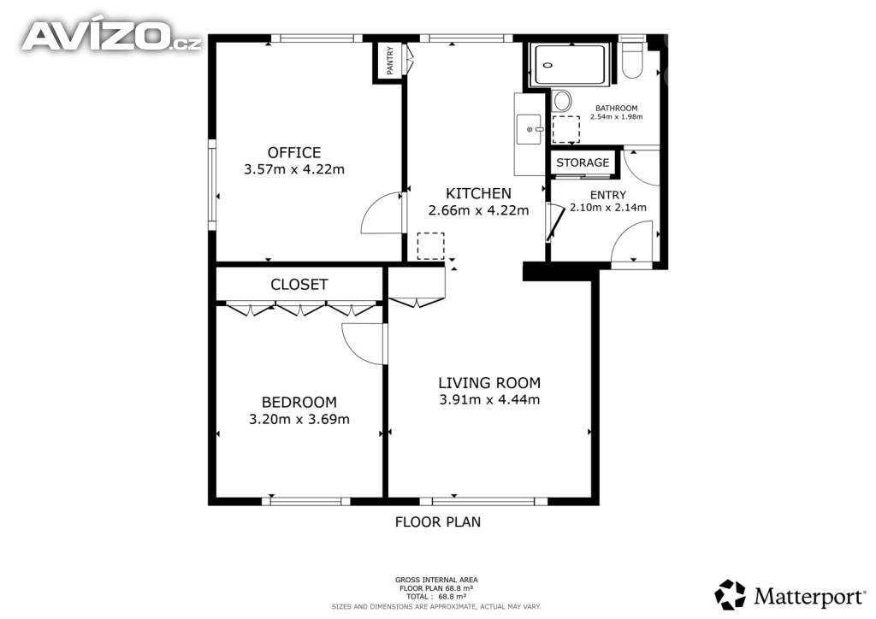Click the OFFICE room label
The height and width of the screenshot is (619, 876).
[x=294, y=152]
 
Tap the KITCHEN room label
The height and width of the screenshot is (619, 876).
[x=478, y=193]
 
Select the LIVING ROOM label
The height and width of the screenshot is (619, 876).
[x=488, y=383]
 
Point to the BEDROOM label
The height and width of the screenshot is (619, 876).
[x=299, y=403]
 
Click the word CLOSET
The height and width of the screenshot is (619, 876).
[x=299, y=285]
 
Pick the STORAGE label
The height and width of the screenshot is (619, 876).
[x=583, y=162]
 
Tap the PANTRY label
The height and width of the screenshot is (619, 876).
[x=390, y=61]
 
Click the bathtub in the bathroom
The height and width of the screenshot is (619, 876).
[x=569, y=65]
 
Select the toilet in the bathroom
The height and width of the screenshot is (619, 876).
[x=633, y=60]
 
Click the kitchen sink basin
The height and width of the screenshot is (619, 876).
[x=529, y=129]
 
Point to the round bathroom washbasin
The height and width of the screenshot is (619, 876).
[x=562, y=101]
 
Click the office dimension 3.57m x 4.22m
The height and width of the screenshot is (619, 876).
[x=294, y=169]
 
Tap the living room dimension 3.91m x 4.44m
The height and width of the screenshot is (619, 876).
[x=489, y=399]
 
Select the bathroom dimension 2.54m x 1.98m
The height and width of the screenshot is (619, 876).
[x=616, y=116]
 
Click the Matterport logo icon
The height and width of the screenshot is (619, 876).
[x=730, y=595]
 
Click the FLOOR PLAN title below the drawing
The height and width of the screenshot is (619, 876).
[x=438, y=522]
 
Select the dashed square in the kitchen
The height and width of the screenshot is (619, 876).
[x=431, y=246]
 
